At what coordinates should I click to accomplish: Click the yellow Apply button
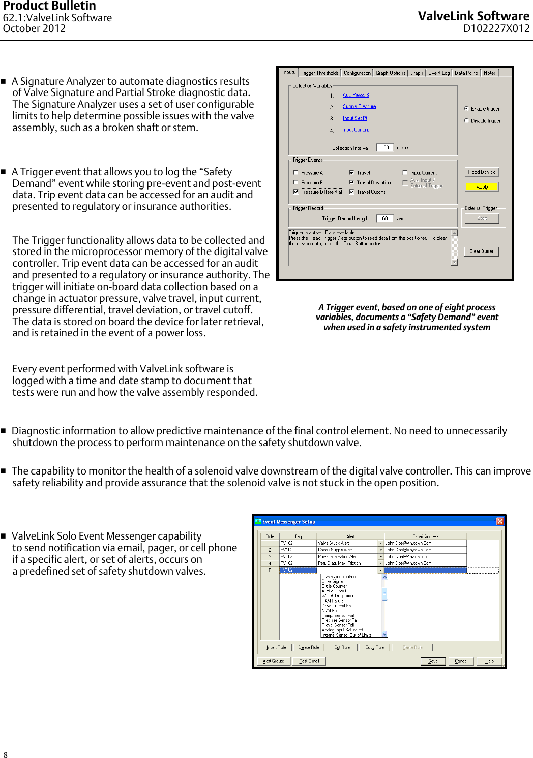(x=482, y=187)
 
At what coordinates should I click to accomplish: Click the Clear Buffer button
(x=481, y=251)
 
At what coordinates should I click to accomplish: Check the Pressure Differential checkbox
(x=296, y=192)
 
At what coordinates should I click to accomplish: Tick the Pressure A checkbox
(x=296, y=173)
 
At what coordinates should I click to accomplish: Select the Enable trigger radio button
(x=466, y=109)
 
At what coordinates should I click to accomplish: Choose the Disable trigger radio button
(x=466, y=121)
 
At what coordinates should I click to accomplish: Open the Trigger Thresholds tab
(x=319, y=73)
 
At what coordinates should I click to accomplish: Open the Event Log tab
(x=438, y=73)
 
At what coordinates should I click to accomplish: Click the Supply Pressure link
(x=359, y=106)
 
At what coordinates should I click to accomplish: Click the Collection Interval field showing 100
(x=384, y=148)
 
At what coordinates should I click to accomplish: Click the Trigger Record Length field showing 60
(x=384, y=218)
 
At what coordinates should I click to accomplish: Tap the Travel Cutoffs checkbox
(x=351, y=192)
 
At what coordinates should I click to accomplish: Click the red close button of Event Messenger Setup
(x=500, y=521)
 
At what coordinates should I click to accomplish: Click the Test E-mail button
(x=309, y=661)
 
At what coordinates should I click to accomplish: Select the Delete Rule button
(x=309, y=647)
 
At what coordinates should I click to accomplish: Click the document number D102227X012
(x=496, y=29)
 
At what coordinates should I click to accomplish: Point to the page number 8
(x=6, y=755)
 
